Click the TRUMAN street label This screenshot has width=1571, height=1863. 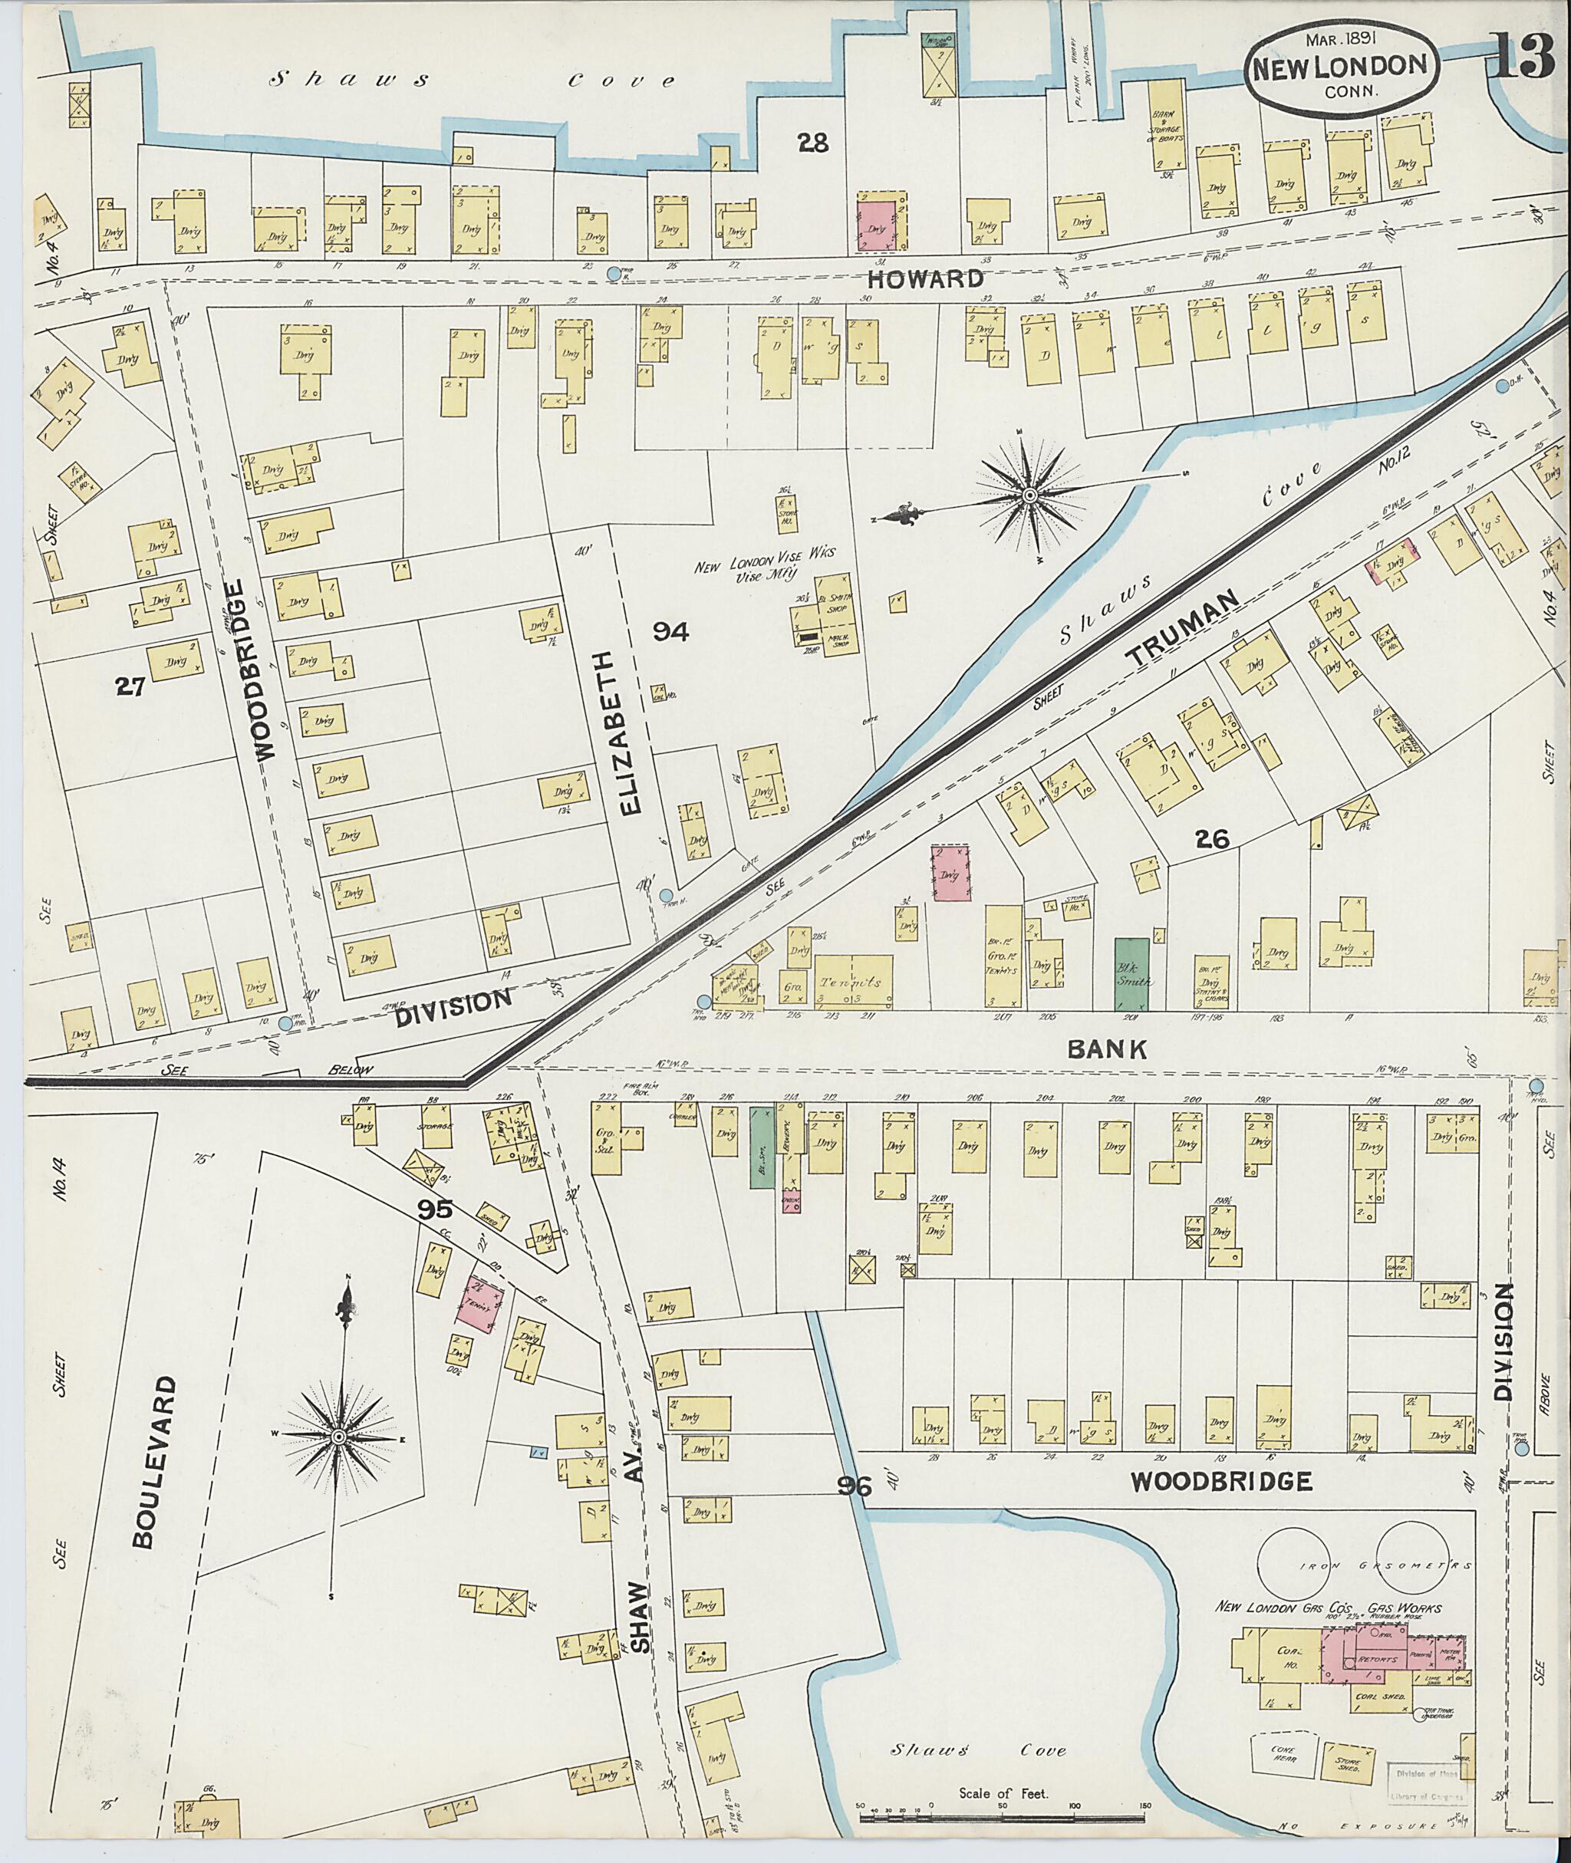pos(1184,630)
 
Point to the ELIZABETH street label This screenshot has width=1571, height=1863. pos(629,733)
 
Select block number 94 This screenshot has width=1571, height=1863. pos(670,631)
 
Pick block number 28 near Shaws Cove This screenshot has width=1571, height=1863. pos(812,142)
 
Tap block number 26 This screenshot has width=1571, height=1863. pos(1213,838)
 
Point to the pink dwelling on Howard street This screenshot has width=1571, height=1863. pos(879,222)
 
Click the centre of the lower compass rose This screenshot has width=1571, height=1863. pos(339,1438)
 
